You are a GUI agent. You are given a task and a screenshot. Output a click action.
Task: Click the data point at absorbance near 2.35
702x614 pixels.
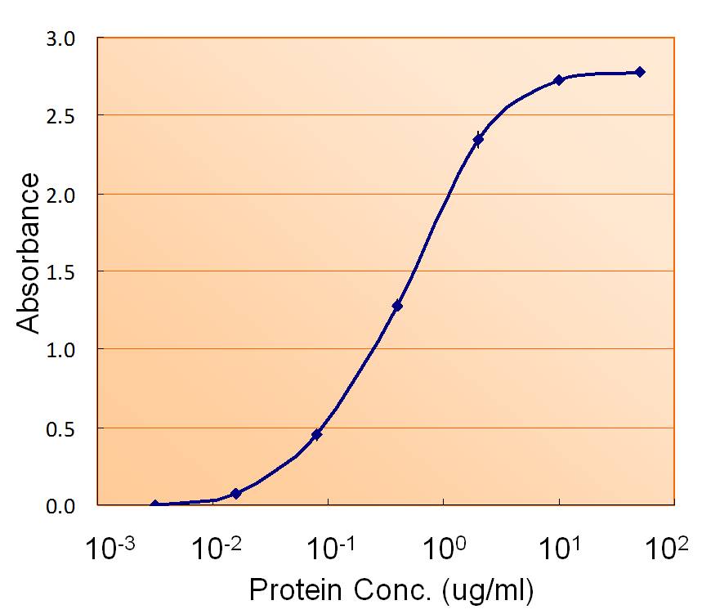[x=478, y=140]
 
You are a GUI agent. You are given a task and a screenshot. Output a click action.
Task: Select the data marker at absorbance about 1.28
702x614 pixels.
[x=397, y=306]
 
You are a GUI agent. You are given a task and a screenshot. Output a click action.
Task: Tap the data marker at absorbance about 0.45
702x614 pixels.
[x=316, y=434]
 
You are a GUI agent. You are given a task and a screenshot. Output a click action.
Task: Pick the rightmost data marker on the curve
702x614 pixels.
[x=640, y=72]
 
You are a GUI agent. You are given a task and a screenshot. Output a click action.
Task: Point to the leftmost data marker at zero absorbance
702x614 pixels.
[x=155, y=505]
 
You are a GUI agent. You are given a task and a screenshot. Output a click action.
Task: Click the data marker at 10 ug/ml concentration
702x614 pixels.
[x=559, y=80]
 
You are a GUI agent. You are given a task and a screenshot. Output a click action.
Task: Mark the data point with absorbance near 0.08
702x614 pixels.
[x=236, y=494]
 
